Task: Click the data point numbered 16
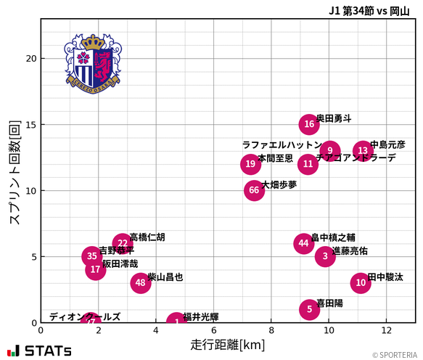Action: (x=309, y=124)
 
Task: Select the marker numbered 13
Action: (x=363, y=151)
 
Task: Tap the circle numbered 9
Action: (x=329, y=151)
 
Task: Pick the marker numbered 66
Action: (x=254, y=191)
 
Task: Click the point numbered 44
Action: (x=303, y=243)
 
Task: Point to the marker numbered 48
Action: (x=141, y=283)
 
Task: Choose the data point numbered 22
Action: (x=122, y=243)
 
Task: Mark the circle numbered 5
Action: (x=309, y=309)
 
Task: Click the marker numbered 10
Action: (x=361, y=283)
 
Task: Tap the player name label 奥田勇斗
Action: (x=334, y=118)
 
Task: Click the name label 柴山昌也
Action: (x=165, y=277)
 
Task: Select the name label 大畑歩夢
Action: (x=279, y=184)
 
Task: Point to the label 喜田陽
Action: (x=330, y=303)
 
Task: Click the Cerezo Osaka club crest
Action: (x=92, y=63)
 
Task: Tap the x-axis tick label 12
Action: (x=387, y=330)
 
